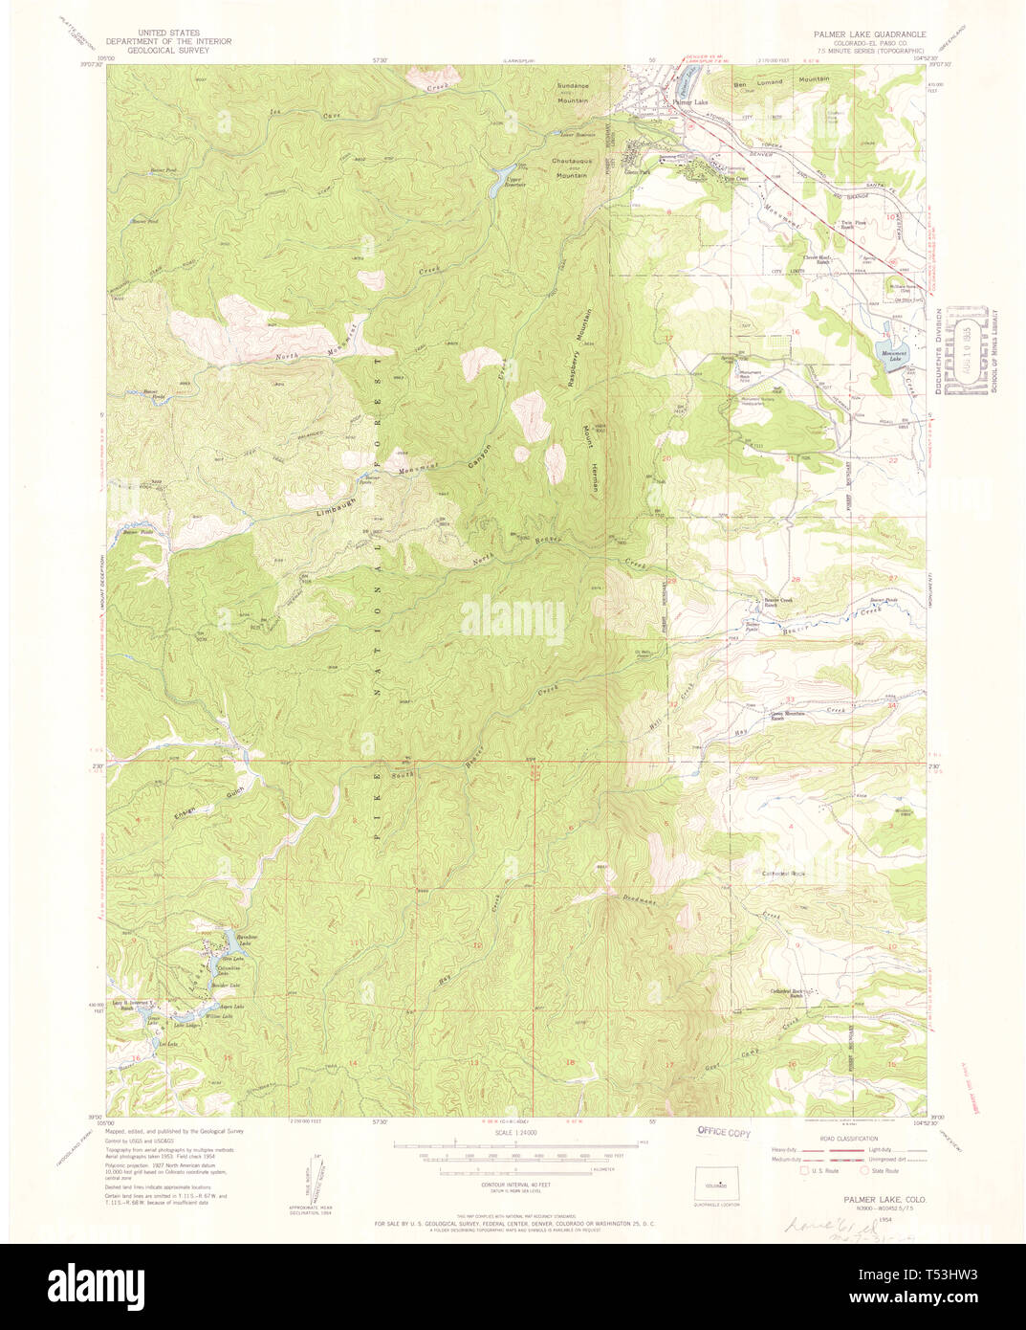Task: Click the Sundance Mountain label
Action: click(x=574, y=92)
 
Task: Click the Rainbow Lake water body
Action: click(x=230, y=945)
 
